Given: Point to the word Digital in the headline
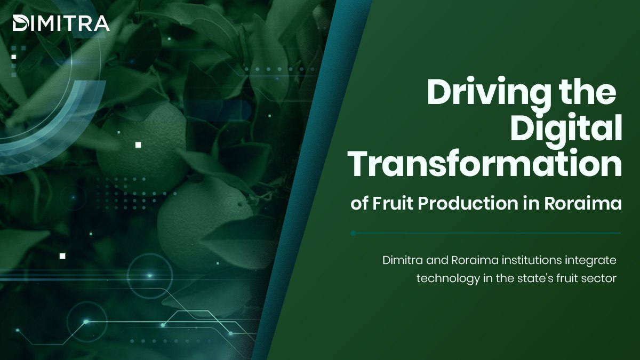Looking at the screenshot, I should tap(566, 128).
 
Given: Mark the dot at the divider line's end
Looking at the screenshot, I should tap(353, 233).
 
